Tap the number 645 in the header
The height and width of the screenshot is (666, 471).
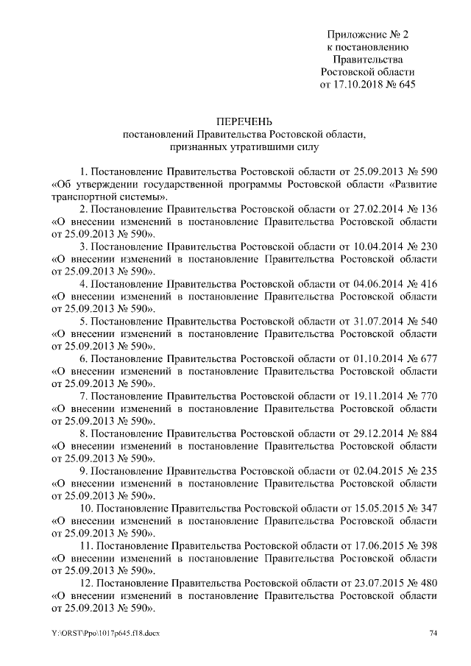(406, 85)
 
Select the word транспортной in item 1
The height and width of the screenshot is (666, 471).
(84, 196)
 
